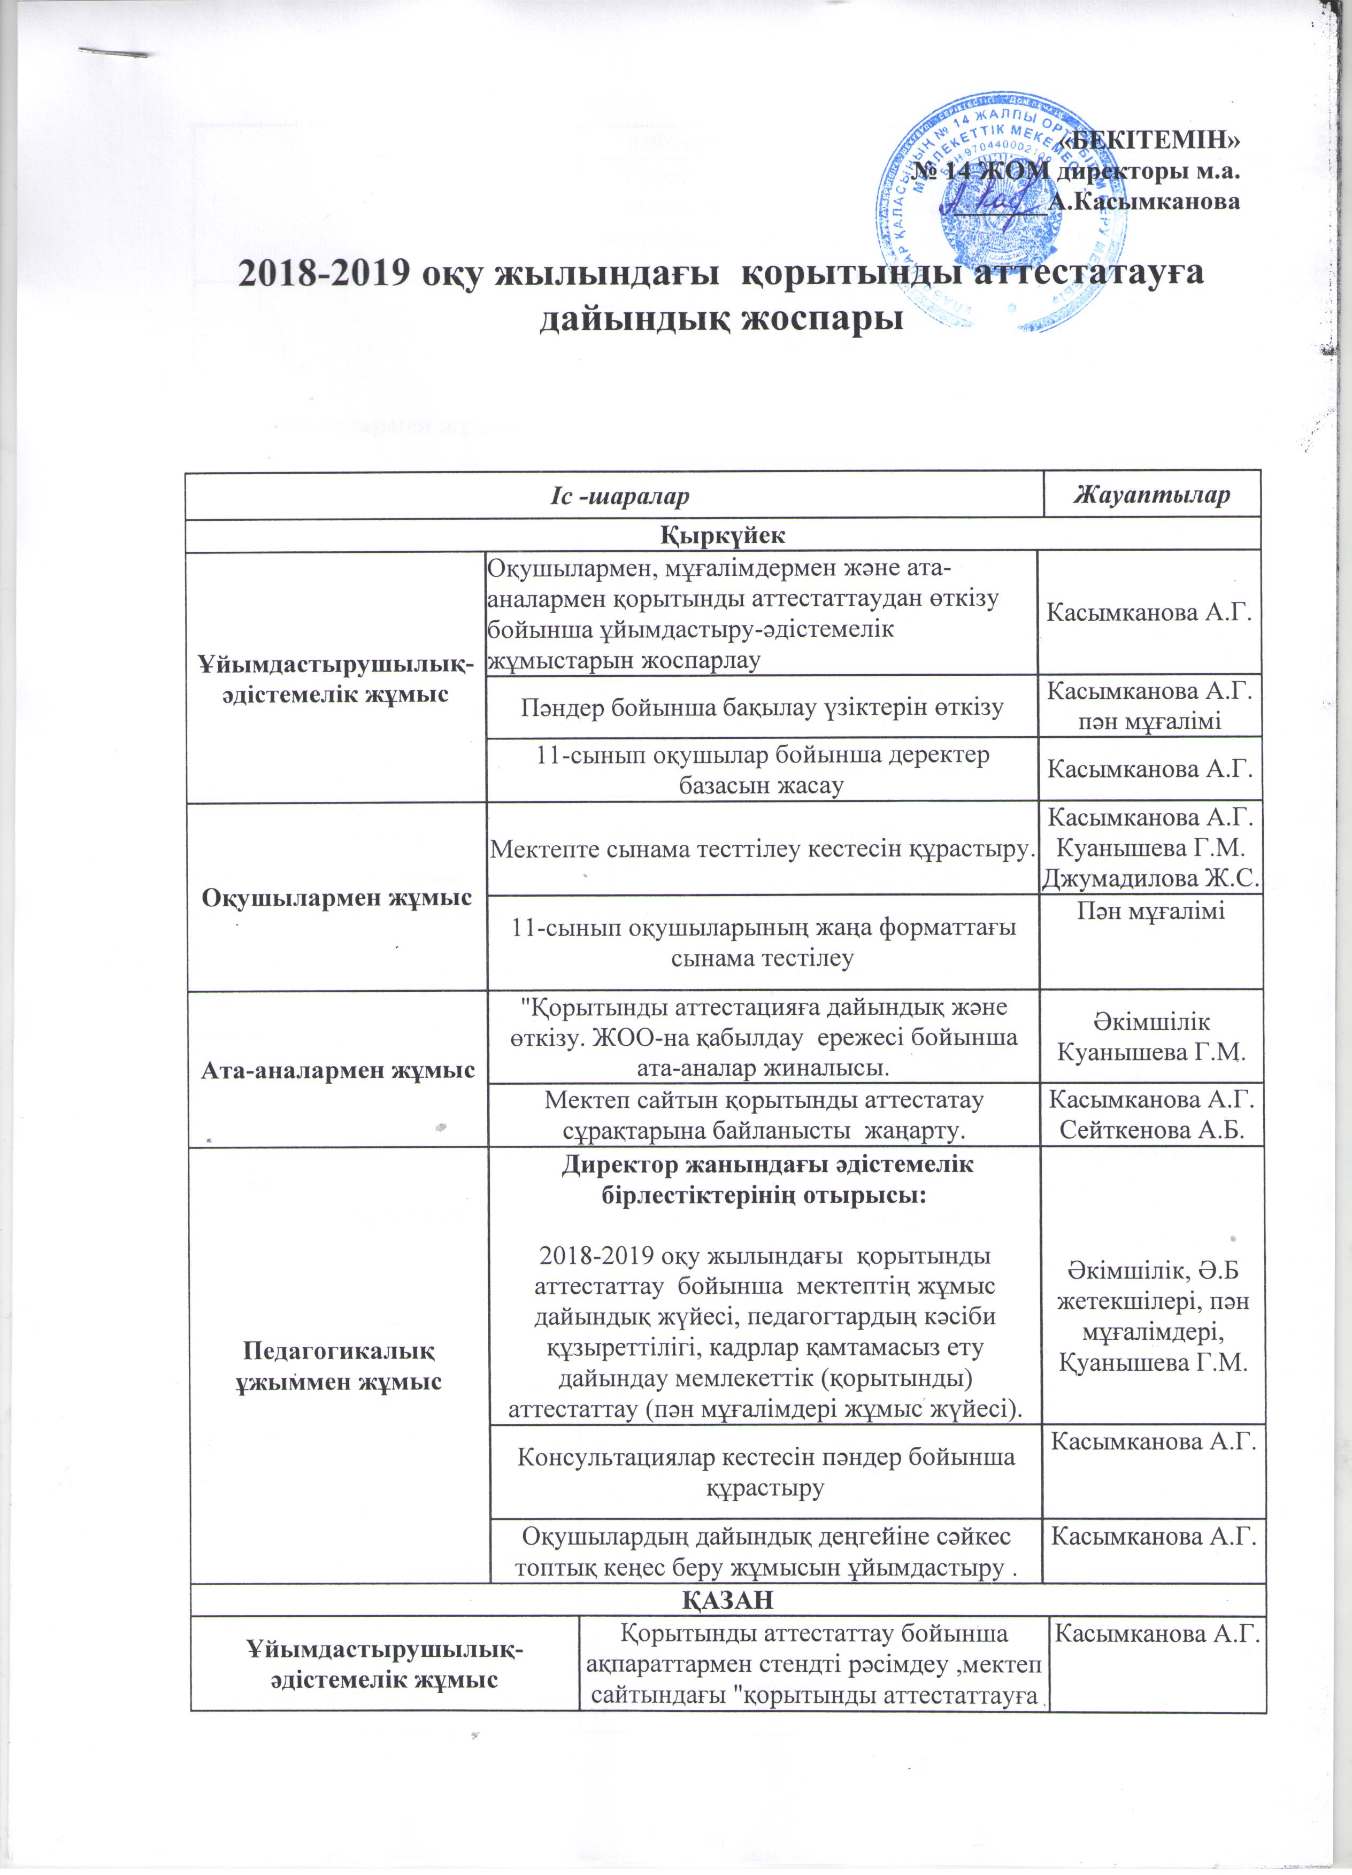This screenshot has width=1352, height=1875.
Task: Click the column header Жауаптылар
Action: (1151, 495)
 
